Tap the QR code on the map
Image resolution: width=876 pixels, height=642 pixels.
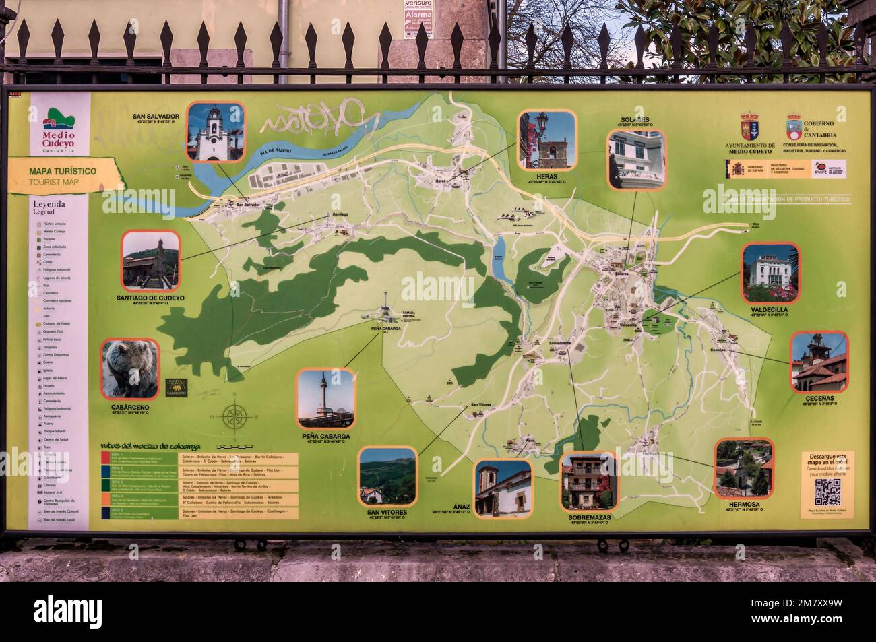coord(827,492)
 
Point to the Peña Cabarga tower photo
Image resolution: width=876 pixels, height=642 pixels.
coord(326,399)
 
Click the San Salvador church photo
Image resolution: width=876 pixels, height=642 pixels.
coord(215,131)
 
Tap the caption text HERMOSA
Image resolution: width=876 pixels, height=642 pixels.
coord(744,503)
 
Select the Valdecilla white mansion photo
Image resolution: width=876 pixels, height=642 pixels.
coord(770,273)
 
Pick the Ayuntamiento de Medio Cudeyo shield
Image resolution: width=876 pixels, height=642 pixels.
coord(750,126)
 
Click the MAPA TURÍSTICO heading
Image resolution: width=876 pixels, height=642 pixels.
coord(62,172)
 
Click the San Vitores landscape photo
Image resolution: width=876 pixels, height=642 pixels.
coord(387,476)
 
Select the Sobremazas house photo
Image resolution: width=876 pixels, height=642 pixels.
coord(588,482)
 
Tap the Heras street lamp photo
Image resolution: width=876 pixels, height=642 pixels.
coord(546,140)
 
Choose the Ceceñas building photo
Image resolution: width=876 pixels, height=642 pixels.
coord(818,361)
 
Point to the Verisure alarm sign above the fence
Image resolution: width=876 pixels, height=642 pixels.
coord(418,13)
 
